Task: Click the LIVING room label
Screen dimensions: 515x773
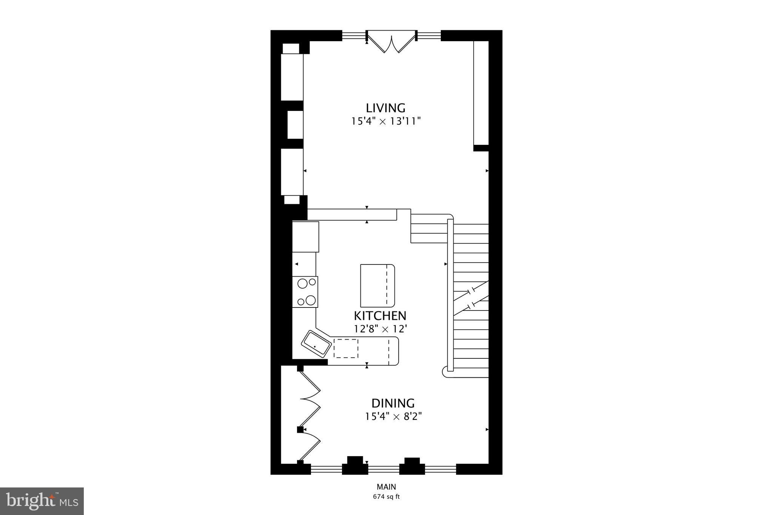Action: click(385, 108)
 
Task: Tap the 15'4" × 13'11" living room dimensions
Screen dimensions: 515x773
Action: click(385, 121)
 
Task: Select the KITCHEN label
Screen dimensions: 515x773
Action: click(380, 315)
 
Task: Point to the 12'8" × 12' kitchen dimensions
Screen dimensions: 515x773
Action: click(380, 329)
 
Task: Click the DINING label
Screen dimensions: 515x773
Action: click(393, 403)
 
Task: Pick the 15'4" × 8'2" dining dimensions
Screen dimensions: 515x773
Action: click(393, 417)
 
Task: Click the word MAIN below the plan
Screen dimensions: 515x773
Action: click(386, 487)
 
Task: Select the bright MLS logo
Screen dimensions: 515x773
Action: click(42, 501)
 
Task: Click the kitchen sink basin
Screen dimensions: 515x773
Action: click(316, 344)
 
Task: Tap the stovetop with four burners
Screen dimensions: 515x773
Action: click(305, 292)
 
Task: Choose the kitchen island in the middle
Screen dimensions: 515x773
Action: click(377, 286)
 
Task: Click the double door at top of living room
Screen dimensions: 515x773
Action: click(391, 42)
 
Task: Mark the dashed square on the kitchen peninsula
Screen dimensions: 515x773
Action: click(346, 348)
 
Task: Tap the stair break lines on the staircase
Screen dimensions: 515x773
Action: click(471, 298)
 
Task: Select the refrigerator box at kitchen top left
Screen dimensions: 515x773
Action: click(305, 237)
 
